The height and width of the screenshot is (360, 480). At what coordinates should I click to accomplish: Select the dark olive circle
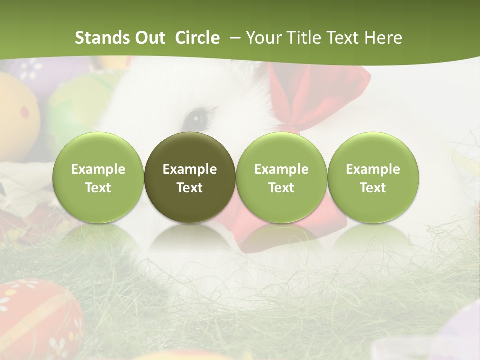pyautogui.click(x=190, y=178)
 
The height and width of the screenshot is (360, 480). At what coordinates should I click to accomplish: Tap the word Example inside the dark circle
pyautogui.click(x=190, y=169)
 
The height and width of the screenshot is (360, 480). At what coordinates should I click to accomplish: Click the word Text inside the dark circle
pyautogui.click(x=190, y=188)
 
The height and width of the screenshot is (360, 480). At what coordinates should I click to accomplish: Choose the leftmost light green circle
pyautogui.click(x=98, y=178)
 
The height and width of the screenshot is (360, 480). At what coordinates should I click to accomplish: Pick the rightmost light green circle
pyautogui.click(x=373, y=178)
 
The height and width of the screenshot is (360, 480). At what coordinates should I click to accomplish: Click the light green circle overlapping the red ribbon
pyautogui.click(x=281, y=178)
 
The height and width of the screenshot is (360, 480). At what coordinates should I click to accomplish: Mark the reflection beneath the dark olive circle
pyautogui.click(x=190, y=240)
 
